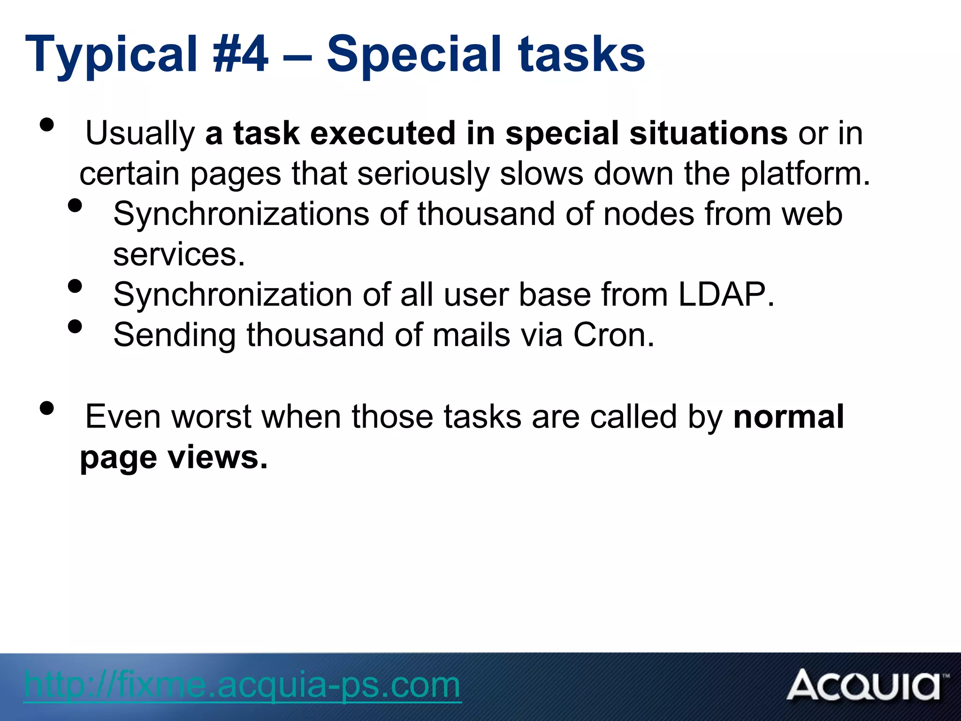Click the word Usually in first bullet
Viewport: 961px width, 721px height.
[140, 134]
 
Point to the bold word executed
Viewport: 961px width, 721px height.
[383, 133]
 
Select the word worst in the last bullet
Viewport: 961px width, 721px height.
[211, 417]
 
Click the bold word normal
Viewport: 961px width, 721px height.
[788, 417]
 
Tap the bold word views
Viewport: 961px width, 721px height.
[218, 457]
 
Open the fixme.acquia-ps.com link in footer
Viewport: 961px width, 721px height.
[242, 685]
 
